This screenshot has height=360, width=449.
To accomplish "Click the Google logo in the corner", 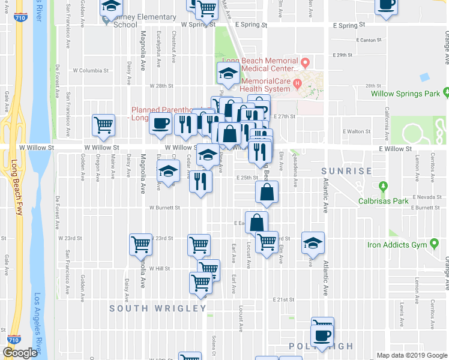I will pyautogui.click(x=20, y=353).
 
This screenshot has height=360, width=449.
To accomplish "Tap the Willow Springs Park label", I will pyautogui.click(x=405, y=94).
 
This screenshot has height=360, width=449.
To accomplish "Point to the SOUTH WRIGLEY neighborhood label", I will pyautogui.click(x=157, y=308).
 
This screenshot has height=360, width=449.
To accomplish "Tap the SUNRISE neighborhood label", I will pyautogui.click(x=346, y=171).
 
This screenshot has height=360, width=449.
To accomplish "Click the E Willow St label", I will pyautogui.click(x=395, y=149).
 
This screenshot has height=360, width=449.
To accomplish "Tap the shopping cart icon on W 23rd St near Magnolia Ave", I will pyautogui.click(x=140, y=244).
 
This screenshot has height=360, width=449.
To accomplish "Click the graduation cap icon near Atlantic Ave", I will pyautogui.click(x=313, y=242).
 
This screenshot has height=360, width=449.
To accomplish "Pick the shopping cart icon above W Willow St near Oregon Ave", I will pyautogui.click(x=103, y=125).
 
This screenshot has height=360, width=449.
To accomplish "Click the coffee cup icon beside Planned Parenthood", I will pyautogui.click(x=160, y=124).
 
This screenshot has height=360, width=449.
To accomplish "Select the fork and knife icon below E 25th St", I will pyautogui.click(x=200, y=181).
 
